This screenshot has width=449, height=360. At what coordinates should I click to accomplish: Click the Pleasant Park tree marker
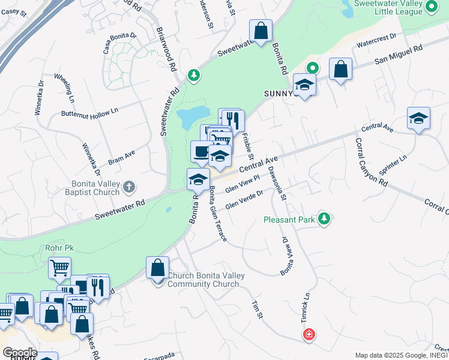click(325, 219)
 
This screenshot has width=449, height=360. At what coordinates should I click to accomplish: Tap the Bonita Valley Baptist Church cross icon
click(128, 188)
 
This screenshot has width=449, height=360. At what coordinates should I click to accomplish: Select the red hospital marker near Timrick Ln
click(309, 334)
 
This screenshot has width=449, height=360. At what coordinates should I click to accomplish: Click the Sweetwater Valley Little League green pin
click(432, 7)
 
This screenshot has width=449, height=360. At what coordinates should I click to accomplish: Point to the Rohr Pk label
click(58, 247)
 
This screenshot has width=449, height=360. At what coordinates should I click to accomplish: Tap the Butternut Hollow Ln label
click(90, 112)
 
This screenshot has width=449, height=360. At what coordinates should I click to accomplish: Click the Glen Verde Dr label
click(244, 200)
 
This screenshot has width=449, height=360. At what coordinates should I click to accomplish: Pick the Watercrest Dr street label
click(376, 40)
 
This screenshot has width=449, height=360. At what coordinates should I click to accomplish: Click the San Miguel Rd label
click(399, 54)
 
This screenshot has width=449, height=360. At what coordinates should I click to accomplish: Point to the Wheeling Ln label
click(64, 88)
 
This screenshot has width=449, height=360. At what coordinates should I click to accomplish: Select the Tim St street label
click(257, 310)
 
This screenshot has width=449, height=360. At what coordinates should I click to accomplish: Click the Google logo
click(19, 352)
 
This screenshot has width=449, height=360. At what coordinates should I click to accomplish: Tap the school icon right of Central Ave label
click(418, 118)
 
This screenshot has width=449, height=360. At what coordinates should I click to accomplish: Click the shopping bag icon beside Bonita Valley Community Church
click(157, 268)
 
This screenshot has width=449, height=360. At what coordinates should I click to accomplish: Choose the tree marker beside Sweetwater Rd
click(193, 75)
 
